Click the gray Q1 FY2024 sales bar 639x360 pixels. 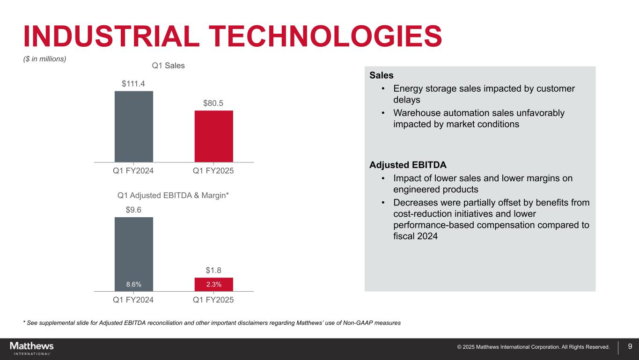[x=134, y=126]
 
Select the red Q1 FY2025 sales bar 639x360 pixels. [x=213, y=136]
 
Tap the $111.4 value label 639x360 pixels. [x=134, y=84]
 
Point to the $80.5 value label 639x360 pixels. [x=213, y=103]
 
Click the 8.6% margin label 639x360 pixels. [x=134, y=284]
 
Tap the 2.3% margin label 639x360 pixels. [x=213, y=284]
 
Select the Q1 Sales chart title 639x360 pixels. [x=169, y=66]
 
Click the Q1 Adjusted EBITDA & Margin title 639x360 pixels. [x=173, y=195]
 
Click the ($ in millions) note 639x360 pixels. [x=44, y=59]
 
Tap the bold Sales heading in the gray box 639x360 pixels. [x=381, y=75]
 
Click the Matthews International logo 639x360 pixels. [x=32, y=348]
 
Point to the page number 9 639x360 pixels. [x=630, y=347]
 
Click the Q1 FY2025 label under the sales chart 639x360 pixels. [x=213, y=171]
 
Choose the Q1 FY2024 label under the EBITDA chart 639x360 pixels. [x=134, y=300]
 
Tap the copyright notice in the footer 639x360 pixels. [x=533, y=347]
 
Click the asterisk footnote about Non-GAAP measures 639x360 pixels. [x=212, y=323]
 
